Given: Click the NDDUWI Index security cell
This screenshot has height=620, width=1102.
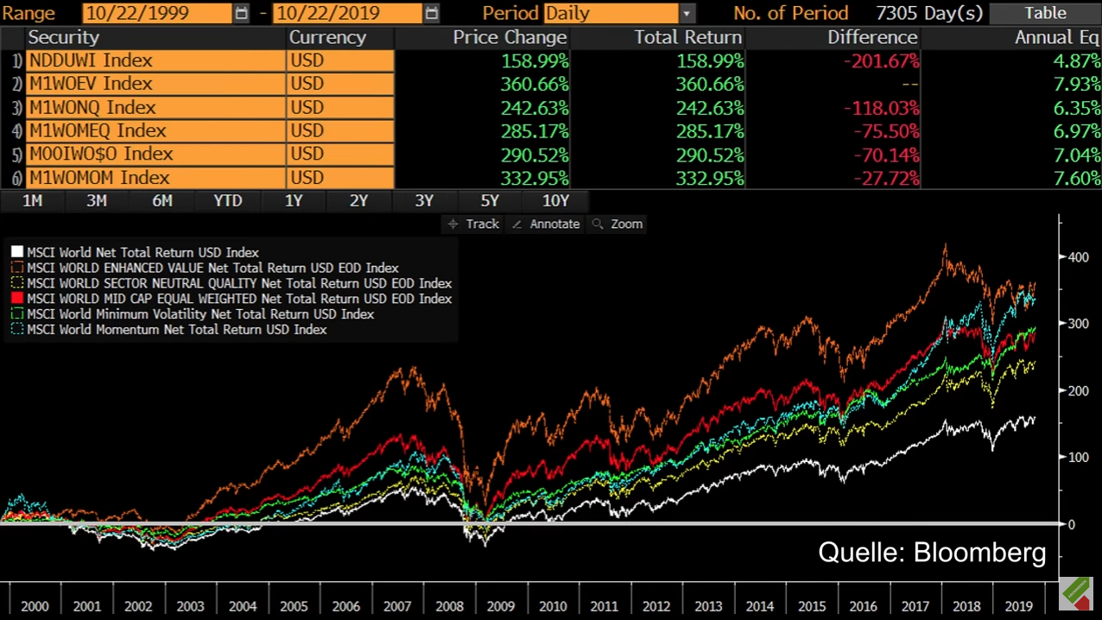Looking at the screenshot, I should pos(155,60).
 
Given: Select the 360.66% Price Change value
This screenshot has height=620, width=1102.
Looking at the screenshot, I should pos(534,84).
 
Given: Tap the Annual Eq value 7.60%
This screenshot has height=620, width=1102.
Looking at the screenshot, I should pos(1076,178).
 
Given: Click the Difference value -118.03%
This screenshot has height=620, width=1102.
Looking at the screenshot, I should pos(886,108).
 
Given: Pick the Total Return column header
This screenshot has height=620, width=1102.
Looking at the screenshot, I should pos(687,37).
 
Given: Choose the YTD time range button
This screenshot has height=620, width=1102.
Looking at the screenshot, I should pos(228,200).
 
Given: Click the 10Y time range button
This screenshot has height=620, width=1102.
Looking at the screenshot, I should pos(555,200).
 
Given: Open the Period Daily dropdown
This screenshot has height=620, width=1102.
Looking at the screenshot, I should pos(687,14).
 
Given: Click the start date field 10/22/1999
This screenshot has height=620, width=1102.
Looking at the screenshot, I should pos(157,14).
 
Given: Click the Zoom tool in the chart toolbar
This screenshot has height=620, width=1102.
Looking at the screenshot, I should pos(617,224).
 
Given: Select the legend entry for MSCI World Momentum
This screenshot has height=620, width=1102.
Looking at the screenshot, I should pos(176,330).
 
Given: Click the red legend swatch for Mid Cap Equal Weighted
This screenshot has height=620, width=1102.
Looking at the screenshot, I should pos(17,299).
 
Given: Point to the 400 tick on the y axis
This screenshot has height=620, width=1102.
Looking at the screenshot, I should pos(1078,257).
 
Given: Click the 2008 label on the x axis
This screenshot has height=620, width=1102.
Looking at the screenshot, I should pos(449,606).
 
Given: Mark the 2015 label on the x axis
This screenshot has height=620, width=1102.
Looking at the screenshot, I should pos(812,606).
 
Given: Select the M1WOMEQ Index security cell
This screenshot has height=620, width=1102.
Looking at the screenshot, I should pos(155,131).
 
